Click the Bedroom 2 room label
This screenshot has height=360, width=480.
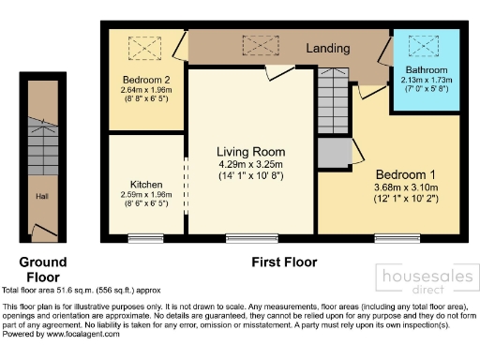[145, 79]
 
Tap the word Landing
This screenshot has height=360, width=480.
[327, 48]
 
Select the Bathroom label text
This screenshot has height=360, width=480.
[427, 71]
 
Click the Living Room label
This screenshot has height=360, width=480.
[250, 152]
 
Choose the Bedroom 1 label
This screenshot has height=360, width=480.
[406, 174]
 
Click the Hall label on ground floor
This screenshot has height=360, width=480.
[42, 197]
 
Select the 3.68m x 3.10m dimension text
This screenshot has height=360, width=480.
[406, 187]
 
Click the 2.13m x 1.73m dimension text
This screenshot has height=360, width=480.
[427, 81]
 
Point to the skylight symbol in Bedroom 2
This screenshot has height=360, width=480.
[145, 44]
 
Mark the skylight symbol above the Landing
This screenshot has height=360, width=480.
[255, 44]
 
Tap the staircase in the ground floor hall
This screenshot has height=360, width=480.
[42, 135]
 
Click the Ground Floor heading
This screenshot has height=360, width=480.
[42, 270]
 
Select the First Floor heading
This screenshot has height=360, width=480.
[284, 262]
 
